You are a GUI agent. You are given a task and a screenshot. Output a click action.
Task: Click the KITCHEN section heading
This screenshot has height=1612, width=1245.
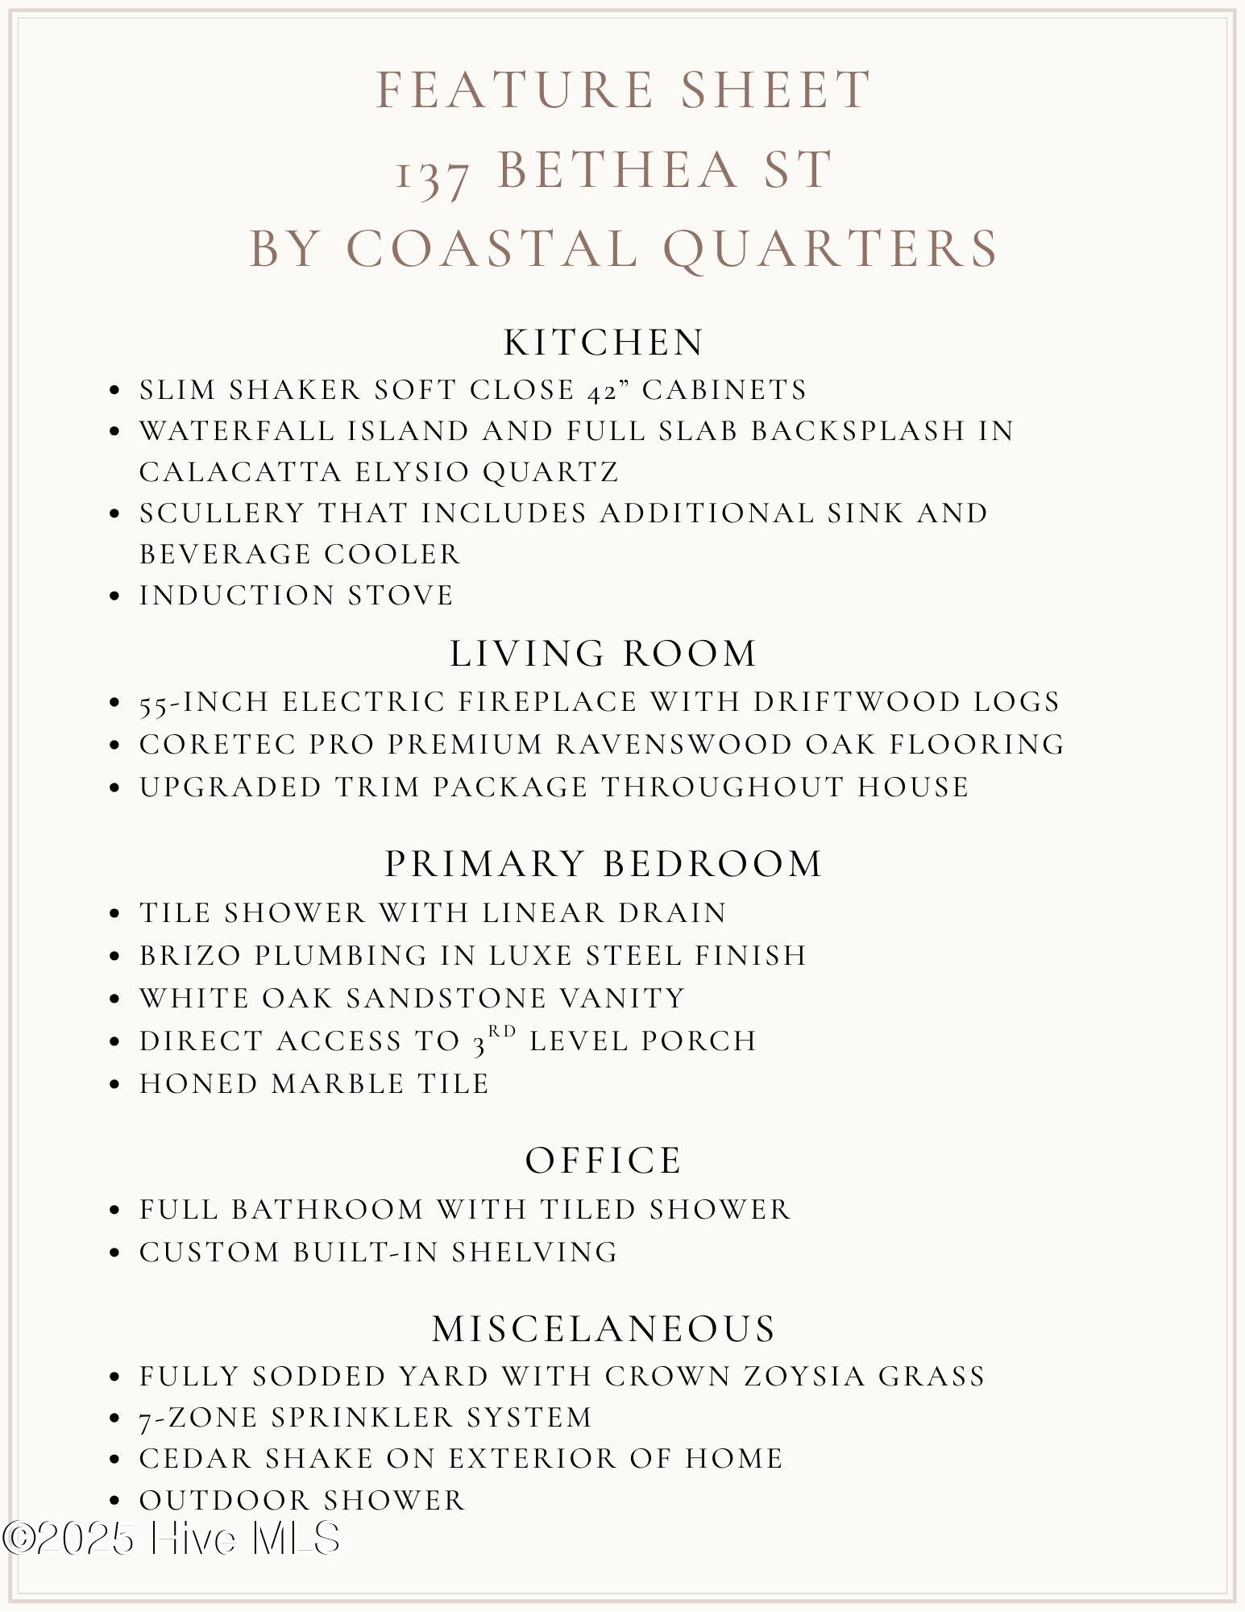pyautogui.click(x=604, y=343)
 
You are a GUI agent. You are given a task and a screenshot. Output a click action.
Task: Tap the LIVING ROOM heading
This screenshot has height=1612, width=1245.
pyautogui.click(x=604, y=654)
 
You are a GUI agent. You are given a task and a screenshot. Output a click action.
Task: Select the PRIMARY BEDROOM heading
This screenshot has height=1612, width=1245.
pyautogui.click(x=604, y=864)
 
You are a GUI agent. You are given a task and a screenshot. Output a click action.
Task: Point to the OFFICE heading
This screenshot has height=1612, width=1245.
pyautogui.click(x=604, y=1161)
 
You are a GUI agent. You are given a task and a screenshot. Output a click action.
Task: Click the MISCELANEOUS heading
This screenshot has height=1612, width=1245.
pyautogui.click(x=604, y=1328)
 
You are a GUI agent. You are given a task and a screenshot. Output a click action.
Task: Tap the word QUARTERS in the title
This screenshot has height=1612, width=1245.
pyautogui.click(x=831, y=248)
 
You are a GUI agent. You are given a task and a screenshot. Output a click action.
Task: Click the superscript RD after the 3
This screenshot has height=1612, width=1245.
pyautogui.click(x=502, y=1031)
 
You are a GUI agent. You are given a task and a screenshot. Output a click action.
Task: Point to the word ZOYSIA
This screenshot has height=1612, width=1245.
pyautogui.click(x=805, y=1376)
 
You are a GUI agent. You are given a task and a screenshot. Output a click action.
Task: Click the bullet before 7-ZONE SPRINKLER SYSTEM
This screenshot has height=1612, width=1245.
pyautogui.click(x=114, y=1418)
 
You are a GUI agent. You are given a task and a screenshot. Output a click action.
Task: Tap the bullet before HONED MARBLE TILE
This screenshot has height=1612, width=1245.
pyautogui.click(x=114, y=1084)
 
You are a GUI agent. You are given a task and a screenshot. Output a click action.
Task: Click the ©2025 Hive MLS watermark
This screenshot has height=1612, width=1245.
pyautogui.click(x=171, y=1538)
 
